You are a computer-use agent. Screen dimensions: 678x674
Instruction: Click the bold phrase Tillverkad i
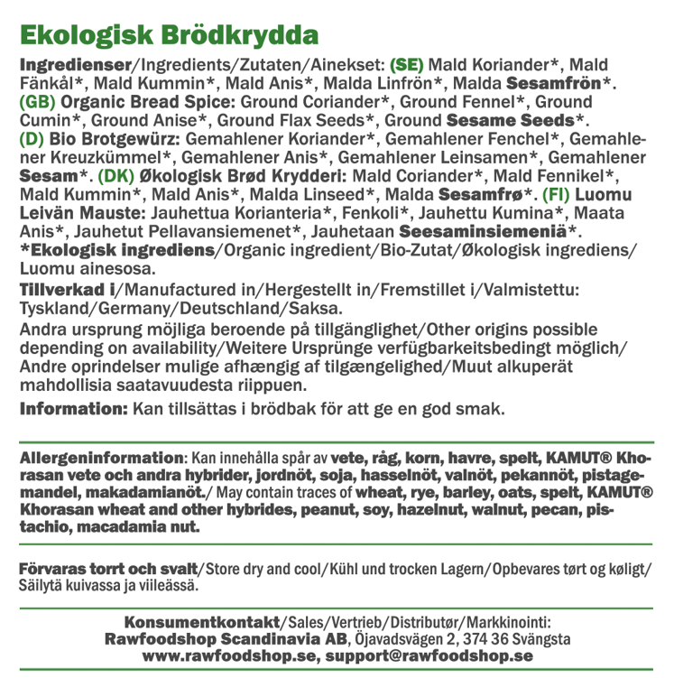[x=69, y=290]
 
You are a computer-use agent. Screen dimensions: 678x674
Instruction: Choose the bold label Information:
[x=73, y=409]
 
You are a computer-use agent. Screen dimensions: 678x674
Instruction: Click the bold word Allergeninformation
[x=101, y=458]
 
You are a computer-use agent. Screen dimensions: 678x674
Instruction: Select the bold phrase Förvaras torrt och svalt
[x=108, y=570]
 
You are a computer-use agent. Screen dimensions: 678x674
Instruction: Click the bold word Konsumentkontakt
[x=204, y=622]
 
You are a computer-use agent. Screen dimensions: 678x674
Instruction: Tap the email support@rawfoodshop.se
[x=430, y=656]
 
